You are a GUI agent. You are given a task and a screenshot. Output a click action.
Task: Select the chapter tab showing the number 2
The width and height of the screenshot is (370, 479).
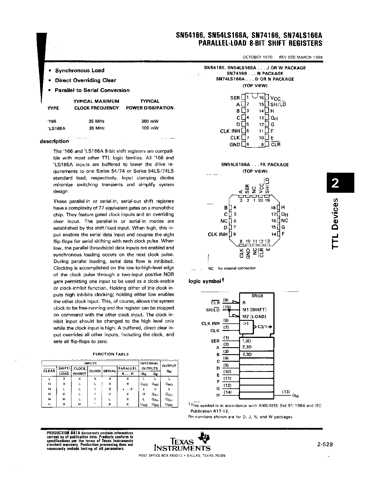340,183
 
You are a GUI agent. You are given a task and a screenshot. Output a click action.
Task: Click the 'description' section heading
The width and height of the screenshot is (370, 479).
55,141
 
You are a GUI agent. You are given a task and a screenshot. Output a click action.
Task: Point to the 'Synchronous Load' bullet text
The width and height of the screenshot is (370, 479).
80,71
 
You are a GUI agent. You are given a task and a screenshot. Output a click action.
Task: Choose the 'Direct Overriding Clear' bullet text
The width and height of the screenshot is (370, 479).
86,80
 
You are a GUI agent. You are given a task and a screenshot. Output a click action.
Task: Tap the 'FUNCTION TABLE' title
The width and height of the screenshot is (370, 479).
111,354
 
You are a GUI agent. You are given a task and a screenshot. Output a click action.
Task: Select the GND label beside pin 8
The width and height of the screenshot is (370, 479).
235,145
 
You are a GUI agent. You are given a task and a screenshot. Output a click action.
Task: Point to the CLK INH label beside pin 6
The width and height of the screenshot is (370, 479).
230,131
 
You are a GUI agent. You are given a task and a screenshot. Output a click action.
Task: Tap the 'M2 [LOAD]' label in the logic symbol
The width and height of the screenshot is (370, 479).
254,316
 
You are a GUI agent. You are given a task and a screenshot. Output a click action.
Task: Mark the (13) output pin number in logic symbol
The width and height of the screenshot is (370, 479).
286,392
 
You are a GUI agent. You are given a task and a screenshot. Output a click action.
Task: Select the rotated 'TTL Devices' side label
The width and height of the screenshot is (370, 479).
336,224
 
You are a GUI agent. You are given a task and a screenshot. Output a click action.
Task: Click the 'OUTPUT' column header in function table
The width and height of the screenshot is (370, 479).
169,366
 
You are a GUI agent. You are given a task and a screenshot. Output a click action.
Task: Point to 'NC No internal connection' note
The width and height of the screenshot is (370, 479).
232,268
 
